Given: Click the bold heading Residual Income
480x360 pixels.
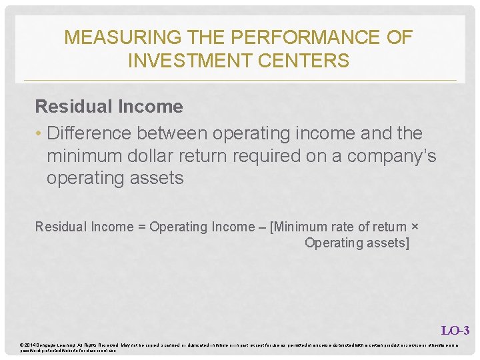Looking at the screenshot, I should pos(109,107).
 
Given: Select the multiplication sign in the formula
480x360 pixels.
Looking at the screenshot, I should pos(415,227).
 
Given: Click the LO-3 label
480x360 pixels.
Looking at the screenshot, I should pos(455,330).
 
